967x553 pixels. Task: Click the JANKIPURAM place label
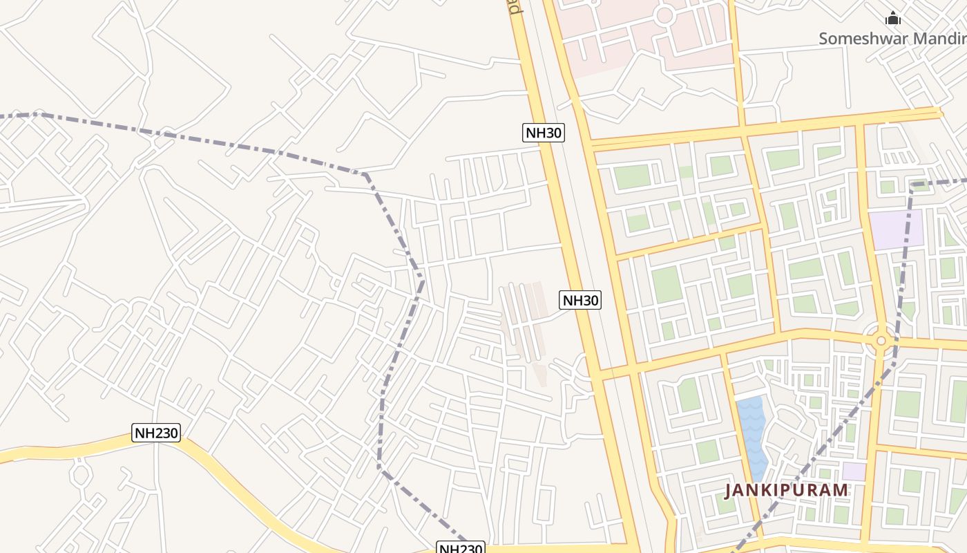coord(786,490)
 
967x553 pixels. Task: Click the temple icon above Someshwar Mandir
coord(893,19)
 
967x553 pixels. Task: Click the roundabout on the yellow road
coord(881,340)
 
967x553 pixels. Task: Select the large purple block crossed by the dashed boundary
coord(896,230)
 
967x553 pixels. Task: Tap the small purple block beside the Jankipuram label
coord(854,471)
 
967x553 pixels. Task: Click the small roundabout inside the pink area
coord(664,15)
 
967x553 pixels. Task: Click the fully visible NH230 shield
coord(156,433)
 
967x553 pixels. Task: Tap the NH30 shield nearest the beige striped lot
coord(580,300)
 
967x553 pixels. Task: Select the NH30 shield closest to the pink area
coord(543,133)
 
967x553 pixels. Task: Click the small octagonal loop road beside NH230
coord(81,475)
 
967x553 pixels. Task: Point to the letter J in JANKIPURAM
coord(729,490)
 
